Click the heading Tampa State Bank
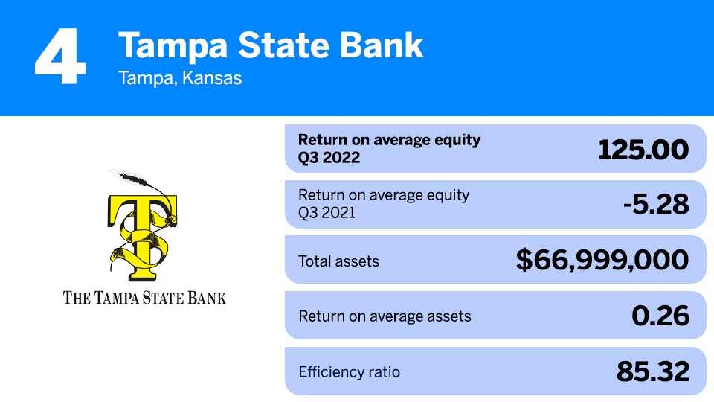(x=271, y=45)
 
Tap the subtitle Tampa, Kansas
(x=180, y=78)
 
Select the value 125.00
(x=643, y=150)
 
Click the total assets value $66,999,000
(x=602, y=261)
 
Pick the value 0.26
(x=660, y=316)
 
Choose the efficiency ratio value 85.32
(x=652, y=371)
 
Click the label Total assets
(x=338, y=261)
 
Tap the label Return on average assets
(x=385, y=316)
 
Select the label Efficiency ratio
(x=349, y=371)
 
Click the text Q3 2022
(x=329, y=158)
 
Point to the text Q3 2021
(x=328, y=213)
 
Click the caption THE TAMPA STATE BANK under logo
(x=145, y=298)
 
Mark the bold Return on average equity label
(x=389, y=140)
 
